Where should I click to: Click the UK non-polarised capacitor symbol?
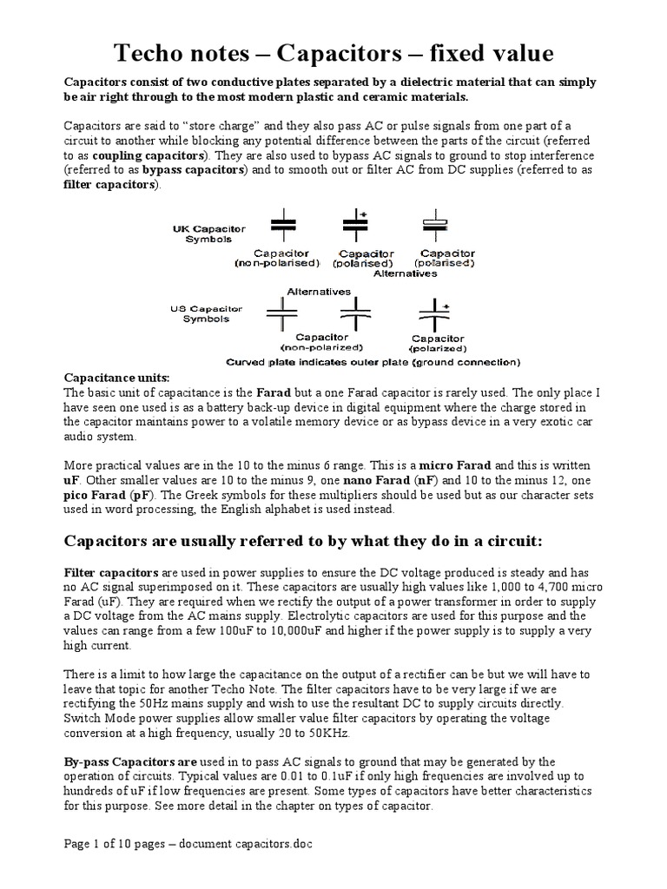282,223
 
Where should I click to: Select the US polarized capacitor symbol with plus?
433,314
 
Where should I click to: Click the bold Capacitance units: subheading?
118,379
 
